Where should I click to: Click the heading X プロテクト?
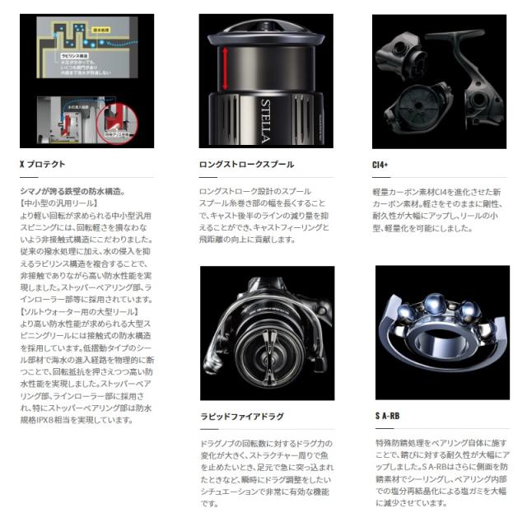pyautogui.click(x=42, y=165)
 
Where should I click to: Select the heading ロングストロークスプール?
pyautogui.click(x=245, y=165)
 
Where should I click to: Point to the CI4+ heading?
pyautogui.click(x=383, y=165)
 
